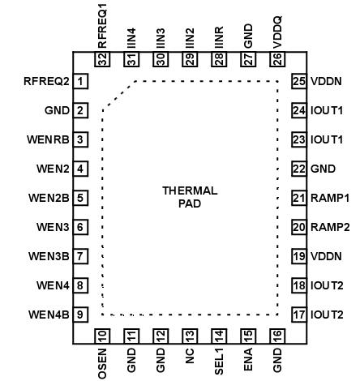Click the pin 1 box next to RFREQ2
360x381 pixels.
click(81, 81)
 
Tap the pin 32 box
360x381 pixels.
click(102, 58)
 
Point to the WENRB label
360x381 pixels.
click(48, 139)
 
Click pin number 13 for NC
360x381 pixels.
click(190, 336)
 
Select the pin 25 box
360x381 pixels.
click(298, 81)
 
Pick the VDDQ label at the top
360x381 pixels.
click(277, 28)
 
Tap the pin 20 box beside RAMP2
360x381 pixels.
click(298, 227)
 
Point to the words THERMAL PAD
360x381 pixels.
click(190, 197)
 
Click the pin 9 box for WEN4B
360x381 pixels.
click(81, 315)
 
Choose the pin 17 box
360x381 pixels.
click(298, 315)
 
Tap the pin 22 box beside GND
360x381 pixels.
click(298, 169)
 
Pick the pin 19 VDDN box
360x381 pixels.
click(298, 256)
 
